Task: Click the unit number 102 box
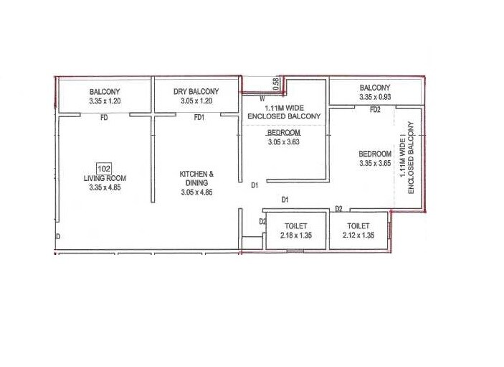click(104, 169)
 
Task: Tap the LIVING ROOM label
click(105, 179)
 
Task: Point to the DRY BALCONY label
click(196, 92)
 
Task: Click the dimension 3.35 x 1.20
click(105, 101)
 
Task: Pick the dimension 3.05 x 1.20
click(196, 101)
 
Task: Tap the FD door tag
click(104, 118)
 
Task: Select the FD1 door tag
click(200, 118)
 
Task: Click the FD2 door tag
click(375, 110)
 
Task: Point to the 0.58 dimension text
click(276, 84)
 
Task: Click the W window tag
click(262, 98)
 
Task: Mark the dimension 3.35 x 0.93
click(375, 97)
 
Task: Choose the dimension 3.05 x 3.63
click(284, 142)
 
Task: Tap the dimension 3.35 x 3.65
click(375, 164)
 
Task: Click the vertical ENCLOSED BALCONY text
click(412, 158)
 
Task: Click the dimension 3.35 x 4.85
click(105, 187)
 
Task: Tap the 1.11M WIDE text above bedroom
click(284, 107)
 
